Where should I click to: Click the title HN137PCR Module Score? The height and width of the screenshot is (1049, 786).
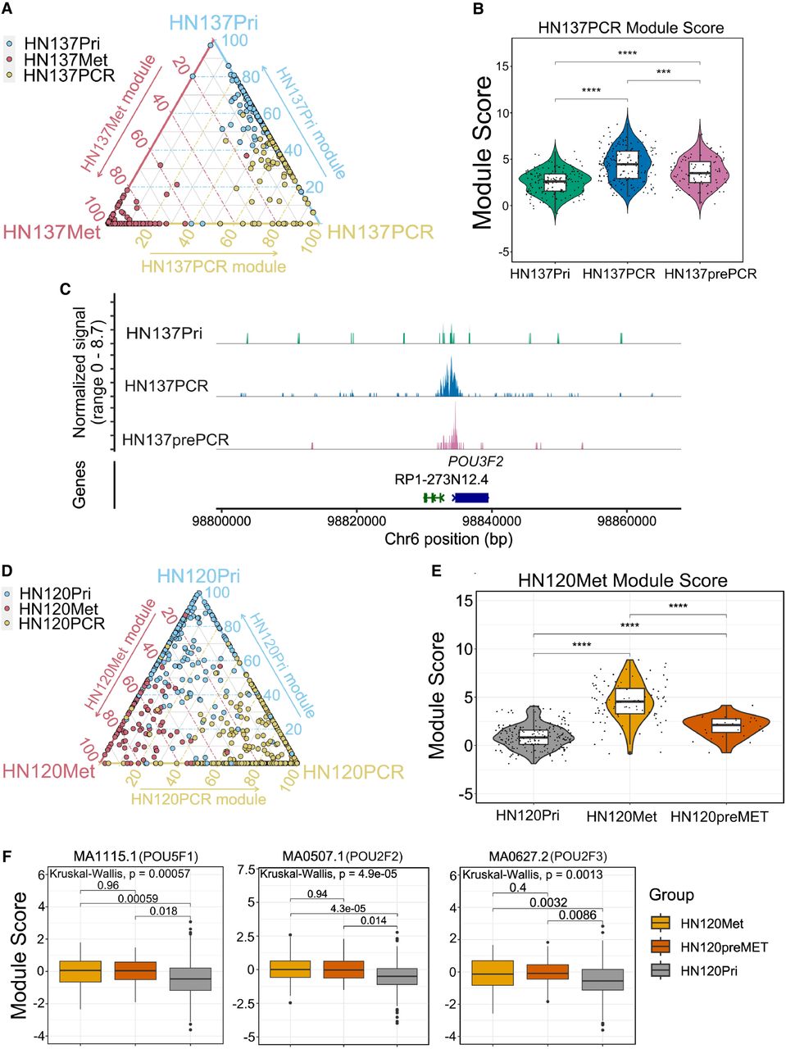pyautogui.click(x=630, y=27)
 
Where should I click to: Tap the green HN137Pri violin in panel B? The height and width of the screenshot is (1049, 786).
pyautogui.click(x=555, y=180)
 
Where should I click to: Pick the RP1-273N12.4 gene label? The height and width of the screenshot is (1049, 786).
pyautogui.click(x=441, y=479)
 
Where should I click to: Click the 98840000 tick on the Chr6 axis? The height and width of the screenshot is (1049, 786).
pyautogui.click(x=493, y=521)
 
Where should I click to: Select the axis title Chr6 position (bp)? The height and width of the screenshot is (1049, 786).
pyautogui.click(x=448, y=539)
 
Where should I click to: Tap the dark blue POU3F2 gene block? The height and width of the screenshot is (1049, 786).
pyautogui.click(x=471, y=497)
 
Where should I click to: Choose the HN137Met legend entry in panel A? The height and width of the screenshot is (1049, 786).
pyautogui.click(x=65, y=60)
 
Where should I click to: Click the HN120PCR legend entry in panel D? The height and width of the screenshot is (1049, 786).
pyautogui.click(x=61, y=624)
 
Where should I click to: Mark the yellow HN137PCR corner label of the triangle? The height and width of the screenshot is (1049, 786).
pyautogui.click(x=380, y=233)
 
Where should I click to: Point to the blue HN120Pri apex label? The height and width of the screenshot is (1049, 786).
pyautogui.click(x=199, y=576)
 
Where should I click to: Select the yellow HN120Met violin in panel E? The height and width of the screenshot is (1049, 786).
pyautogui.click(x=629, y=701)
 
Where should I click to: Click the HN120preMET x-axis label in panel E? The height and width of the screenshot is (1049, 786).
pyautogui.click(x=719, y=816)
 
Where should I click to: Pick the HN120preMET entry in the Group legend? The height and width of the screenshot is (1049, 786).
pyautogui.click(x=723, y=947)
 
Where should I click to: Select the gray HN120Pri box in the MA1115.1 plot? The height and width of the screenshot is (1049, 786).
pyautogui.click(x=190, y=978)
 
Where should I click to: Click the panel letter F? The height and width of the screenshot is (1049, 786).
pyautogui.click(x=7, y=856)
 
